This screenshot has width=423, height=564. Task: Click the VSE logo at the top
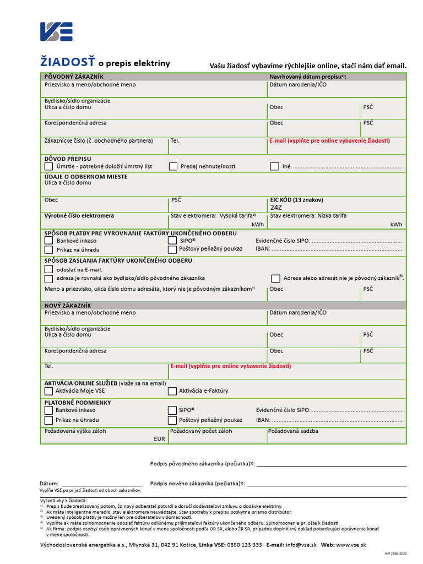point(56,31)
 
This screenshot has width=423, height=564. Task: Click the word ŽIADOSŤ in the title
point(68,63)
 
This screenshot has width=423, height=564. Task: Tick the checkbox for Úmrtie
point(48,166)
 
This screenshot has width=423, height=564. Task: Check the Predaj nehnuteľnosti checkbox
point(173,166)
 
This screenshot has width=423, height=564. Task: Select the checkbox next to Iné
point(274,166)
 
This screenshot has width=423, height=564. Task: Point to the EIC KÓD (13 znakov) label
point(296,199)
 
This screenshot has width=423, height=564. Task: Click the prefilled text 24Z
point(275,208)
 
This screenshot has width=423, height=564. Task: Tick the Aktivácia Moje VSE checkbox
point(48,391)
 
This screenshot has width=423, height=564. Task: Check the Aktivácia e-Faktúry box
point(172,391)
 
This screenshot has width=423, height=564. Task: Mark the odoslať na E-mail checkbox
point(48,269)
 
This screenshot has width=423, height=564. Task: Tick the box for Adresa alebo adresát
point(275,278)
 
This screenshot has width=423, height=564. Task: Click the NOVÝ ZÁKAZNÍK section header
point(68,305)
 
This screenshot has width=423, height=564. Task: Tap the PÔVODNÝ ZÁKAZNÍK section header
point(74,77)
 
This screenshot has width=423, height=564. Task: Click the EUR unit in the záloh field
point(159,440)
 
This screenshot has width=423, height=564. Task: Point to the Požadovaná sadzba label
point(293,431)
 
